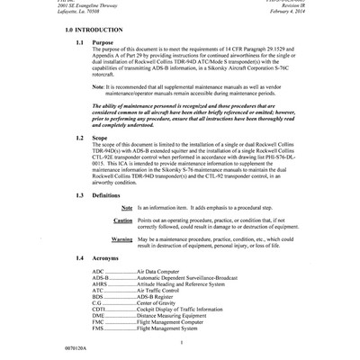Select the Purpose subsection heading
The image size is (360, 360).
104,42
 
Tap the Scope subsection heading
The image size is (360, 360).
102,138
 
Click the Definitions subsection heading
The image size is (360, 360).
109,195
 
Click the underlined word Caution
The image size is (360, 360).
123,220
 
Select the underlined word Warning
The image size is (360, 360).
122,239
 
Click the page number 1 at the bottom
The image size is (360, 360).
181,341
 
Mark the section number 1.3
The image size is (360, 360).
81,195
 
